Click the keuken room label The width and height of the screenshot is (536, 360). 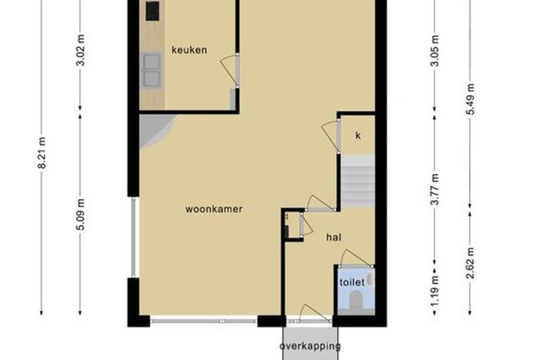[x=189, y=50]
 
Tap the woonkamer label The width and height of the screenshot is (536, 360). [x=214, y=209]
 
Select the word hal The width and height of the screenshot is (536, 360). [x=333, y=237]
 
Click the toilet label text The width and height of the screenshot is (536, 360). [x=352, y=282]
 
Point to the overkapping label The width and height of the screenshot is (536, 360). [x=310, y=347]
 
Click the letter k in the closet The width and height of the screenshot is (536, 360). [x=358, y=136]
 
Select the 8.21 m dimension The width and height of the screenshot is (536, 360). [x=42, y=152]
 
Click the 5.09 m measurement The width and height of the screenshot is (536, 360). [x=80, y=214]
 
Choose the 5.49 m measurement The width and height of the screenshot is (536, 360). [x=470, y=99]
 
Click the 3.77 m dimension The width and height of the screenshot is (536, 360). [x=435, y=189]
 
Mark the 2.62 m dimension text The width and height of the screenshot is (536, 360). [x=470, y=263]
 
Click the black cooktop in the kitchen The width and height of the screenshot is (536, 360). [x=152, y=11]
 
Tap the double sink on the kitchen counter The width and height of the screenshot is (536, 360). [x=152, y=70]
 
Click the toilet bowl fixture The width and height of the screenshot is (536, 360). [x=355, y=300]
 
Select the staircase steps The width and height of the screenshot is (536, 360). [x=358, y=181]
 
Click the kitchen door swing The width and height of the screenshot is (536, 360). [x=229, y=70]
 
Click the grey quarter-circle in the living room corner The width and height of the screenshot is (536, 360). [x=154, y=130]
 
